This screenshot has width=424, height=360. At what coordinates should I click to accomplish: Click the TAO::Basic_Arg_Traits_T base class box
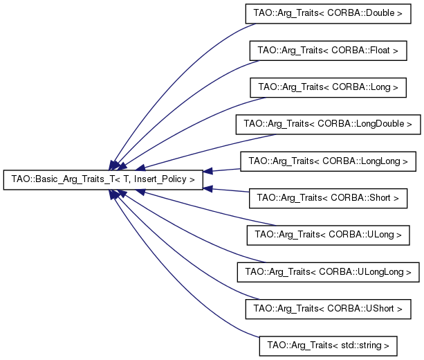[x=103, y=180]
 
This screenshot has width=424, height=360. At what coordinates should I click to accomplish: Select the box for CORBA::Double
[x=328, y=14]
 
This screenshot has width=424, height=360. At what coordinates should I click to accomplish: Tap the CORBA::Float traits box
[x=328, y=51]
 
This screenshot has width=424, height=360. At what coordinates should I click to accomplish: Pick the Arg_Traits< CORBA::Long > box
[x=328, y=87]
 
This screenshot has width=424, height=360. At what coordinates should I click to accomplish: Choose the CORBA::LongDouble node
[x=328, y=124]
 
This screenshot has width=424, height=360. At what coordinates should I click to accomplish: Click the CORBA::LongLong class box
[x=328, y=161]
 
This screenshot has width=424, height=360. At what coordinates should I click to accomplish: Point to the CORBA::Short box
[x=328, y=198]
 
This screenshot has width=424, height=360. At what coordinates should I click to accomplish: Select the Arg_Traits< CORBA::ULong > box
[x=328, y=235]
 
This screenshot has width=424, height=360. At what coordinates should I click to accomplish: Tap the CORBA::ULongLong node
[x=328, y=272]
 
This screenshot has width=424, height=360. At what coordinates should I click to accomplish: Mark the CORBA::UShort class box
[x=328, y=309]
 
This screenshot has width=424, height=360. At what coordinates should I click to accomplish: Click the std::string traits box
[x=328, y=346]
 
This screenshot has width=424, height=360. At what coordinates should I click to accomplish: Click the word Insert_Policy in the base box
[x=160, y=179]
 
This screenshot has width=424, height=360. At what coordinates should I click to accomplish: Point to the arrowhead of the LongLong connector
[x=208, y=171]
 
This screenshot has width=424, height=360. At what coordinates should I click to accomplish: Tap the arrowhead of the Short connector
[x=208, y=189]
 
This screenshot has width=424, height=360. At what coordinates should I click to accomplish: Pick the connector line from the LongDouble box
[x=208, y=150]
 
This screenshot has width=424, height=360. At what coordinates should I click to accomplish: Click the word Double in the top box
[x=380, y=13]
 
